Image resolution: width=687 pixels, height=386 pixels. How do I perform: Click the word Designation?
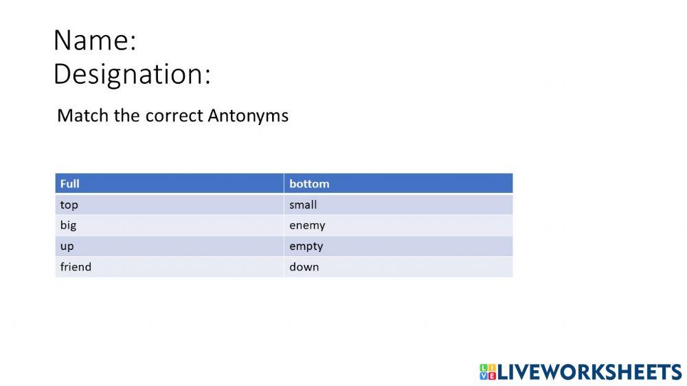pyautogui.click(x=128, y=74)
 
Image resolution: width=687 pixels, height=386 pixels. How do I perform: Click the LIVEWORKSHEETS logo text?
pyautogui.click(x=589, y=372)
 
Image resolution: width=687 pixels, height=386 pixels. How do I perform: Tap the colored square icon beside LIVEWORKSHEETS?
pyautogui.click(x=487, y=372)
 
